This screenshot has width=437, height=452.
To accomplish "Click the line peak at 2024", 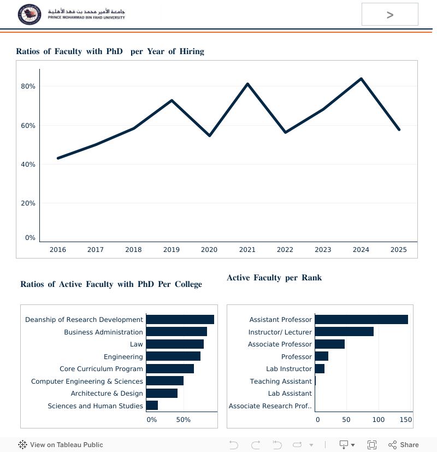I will coord(361,79).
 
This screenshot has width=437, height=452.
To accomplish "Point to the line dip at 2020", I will coord(209,135).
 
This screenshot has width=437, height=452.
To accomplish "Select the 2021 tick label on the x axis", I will coord(247,250).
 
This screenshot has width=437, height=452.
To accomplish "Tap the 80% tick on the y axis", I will coord(28,86).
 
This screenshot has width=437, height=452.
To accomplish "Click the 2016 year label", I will coord(58,250).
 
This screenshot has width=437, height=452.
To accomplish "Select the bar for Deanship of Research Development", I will coord(180,320).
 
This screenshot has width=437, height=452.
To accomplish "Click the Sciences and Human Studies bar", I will coord(152,406).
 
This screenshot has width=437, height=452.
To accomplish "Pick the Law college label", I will coord(136,344).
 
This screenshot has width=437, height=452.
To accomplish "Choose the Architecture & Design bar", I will coord(162,394).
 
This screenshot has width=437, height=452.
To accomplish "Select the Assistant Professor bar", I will coord(361,320).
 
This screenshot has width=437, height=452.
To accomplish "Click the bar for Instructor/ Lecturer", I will coord(344,332).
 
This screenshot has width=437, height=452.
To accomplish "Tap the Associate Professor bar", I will coord(329,344).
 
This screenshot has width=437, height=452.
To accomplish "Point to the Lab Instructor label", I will coord(289,369).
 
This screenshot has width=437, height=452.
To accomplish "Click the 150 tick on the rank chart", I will coord(405,420).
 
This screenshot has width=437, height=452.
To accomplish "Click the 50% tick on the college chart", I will coord(184,420).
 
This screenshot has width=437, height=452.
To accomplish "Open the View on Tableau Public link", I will coord(61,445).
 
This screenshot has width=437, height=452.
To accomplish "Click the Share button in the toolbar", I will coord(404,445).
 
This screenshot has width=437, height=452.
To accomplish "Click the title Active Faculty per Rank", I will coord(274,278).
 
